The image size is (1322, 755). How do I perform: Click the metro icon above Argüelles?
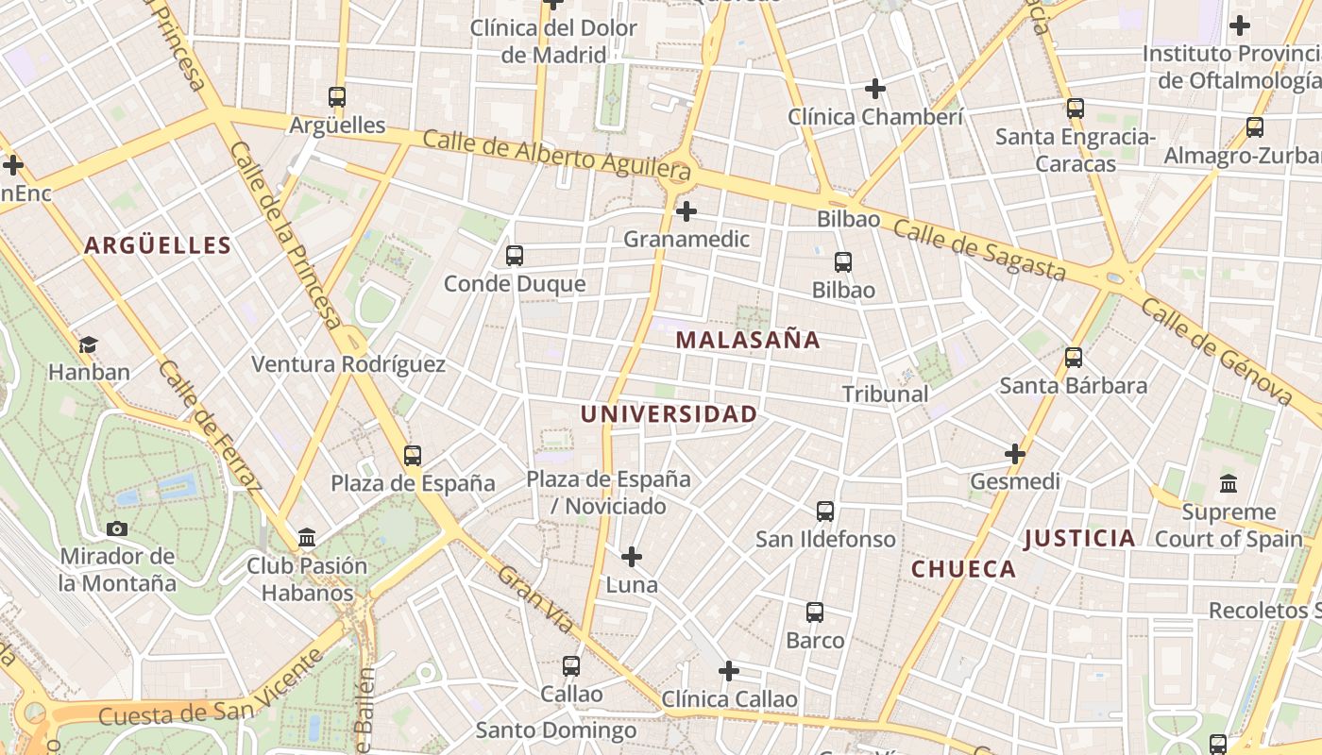(x=337, y=96)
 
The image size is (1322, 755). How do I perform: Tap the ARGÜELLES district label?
(x=158, y=245)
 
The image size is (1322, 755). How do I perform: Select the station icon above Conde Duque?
(x=515, y=255)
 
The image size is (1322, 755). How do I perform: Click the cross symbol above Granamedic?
(x=686, y=210)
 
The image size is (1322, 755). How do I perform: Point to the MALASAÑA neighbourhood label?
(x=748, y=340)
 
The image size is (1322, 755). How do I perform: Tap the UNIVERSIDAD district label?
(x=669, y=414)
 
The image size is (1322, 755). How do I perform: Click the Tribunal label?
(x=885, y=394)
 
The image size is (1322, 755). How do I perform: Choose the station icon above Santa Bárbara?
(x=1074, y=357)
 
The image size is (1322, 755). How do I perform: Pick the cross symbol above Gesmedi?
(x=1015, y=454)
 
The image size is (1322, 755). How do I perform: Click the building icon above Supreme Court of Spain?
(x=1229, y=484)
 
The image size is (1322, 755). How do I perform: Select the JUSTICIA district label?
(x=1080, y=538)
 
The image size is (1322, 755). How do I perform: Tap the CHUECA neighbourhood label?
(x=963, y=569)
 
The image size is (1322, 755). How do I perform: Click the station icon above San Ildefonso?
(x=825, y=512)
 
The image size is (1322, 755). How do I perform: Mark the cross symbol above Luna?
(x=632, y=557)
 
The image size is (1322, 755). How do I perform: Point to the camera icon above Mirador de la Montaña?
(x=117, y=528)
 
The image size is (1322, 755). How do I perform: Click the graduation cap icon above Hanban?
(x=89, y=344)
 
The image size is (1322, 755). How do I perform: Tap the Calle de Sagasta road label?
(x=979, y=250)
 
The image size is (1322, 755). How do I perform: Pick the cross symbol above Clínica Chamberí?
(x=875, y=89)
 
